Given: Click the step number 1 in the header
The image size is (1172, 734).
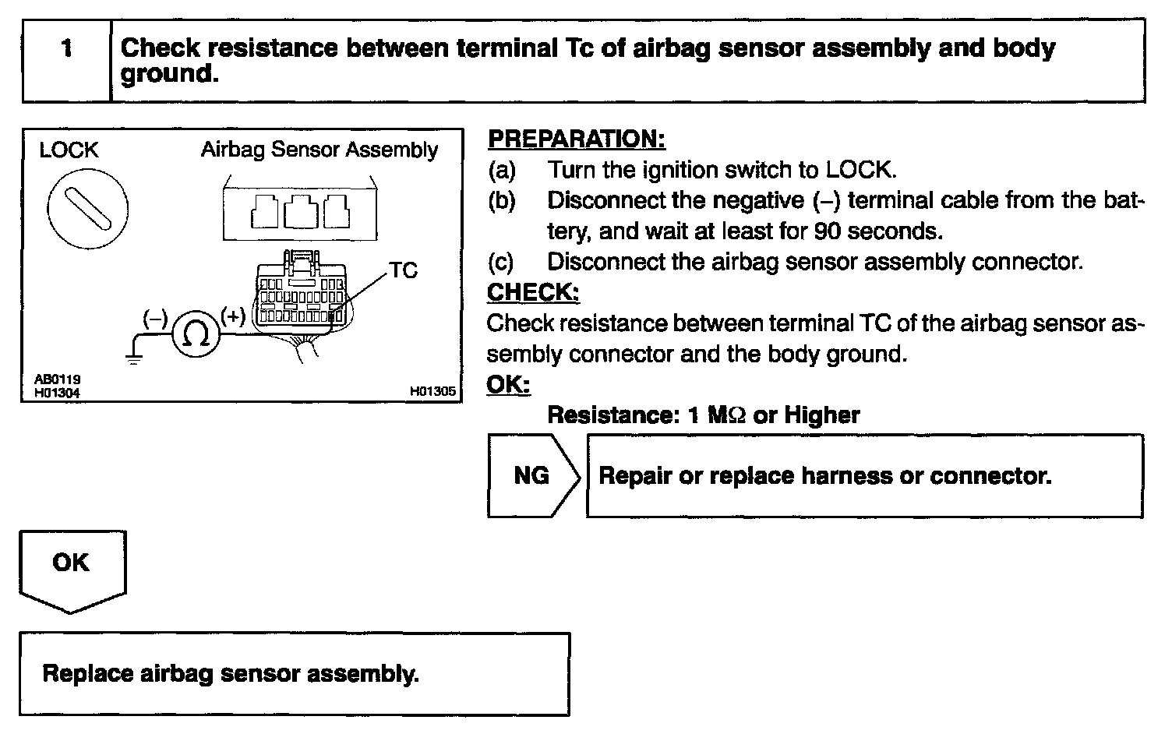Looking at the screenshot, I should tap(67, 48).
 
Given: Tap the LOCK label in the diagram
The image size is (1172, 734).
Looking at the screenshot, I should tap(69, 150).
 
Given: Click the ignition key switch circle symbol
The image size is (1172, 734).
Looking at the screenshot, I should tap(88, 208).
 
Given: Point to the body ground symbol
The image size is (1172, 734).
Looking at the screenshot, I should tap(134, 359).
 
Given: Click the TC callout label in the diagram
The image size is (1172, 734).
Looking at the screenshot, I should tap(404, 270).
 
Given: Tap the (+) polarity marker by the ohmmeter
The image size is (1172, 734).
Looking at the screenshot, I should tap(233, 316).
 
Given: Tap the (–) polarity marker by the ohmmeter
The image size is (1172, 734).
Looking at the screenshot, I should tap(155, 318).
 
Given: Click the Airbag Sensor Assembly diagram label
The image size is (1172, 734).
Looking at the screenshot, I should tap(319, 150).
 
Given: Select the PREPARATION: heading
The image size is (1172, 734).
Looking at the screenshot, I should tap(577, 139).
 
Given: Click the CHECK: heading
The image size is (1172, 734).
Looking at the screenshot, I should tap(533, 292).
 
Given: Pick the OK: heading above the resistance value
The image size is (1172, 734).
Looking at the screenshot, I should tap(508, 384).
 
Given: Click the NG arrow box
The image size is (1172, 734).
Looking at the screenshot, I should tap(533, 475).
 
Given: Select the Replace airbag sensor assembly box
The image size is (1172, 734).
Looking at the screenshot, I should tap(294, 673).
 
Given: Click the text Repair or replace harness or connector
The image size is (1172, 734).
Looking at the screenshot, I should tap(824, 475).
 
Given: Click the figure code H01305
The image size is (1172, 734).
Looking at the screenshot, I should tap(432, 392).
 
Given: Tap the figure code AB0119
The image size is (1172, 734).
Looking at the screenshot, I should tap(57, 379).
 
